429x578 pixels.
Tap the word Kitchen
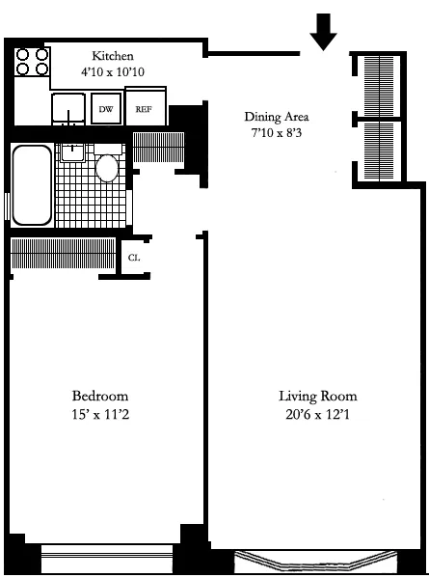(x=113, y=56)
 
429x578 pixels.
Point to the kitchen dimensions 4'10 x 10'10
(x=113, y=71)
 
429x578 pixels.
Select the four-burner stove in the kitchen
(x=31, y=63)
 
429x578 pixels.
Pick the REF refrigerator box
(x=145, y=110)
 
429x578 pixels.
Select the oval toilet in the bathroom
(x=107, y=168)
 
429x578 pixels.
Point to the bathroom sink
(x=73, y=151)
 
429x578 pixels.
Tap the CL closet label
(x=134, y=258)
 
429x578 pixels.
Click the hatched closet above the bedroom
(x=63, y=255)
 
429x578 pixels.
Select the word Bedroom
(x=100, y=397)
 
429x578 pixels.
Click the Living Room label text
(x=318, y=397)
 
